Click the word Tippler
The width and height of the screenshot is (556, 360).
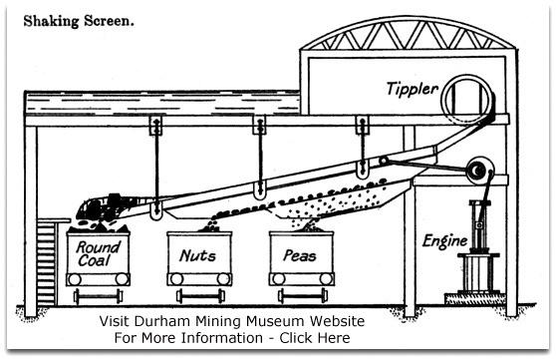[x=413, y=89]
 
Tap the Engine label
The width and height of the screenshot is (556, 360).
[x=445, y=241]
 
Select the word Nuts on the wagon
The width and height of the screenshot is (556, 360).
[x=197, y=255]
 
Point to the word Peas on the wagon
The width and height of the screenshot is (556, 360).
[x=300, y=255]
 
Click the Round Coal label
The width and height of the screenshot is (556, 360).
[x=99, y=253]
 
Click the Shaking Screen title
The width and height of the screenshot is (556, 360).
[x=79, y=21]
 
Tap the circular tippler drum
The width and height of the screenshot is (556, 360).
[x=467, y=100]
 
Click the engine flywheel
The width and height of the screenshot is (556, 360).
[x=479, y=171]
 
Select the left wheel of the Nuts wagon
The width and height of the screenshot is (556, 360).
[x=176, y=279]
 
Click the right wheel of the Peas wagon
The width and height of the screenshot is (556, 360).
[x=326, y=279]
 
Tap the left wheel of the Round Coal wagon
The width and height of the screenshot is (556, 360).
[x=75, y=279]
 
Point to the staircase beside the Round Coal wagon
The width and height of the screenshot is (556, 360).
[x=47, y=262]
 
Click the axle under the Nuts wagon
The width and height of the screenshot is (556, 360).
[x=200, y=296]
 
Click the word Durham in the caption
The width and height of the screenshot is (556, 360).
[x=162, y=321]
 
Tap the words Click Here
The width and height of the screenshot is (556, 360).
[x=315, y=338]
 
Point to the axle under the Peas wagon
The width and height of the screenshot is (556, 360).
[x=303, y=296]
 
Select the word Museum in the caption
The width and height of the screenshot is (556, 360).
[x=275, y=321]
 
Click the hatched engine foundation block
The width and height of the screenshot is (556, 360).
[x=475, y=298]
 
